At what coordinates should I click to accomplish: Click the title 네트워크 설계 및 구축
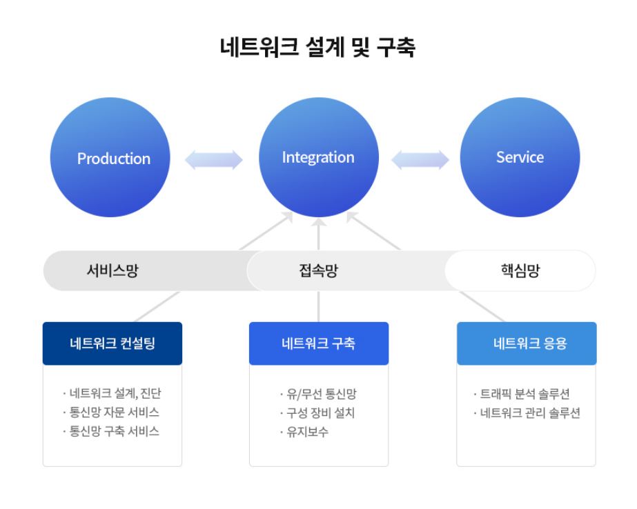click(317, 47)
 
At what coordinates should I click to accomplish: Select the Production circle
click(113, 159)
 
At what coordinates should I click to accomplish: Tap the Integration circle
click(318, 157)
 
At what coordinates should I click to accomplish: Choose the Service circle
click(520, 157)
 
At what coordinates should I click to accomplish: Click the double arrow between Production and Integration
click(214, 160)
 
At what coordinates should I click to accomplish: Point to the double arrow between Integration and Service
click(420, 160)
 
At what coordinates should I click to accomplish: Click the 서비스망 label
click(112, 270)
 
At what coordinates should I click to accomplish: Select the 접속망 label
click(318, 270)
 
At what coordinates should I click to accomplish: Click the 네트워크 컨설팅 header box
click(112, 343)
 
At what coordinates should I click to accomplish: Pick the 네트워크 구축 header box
click(318, 343)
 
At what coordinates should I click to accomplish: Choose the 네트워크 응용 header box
click(527, 343)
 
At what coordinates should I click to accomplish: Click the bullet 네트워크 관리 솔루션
click(527, 413)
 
